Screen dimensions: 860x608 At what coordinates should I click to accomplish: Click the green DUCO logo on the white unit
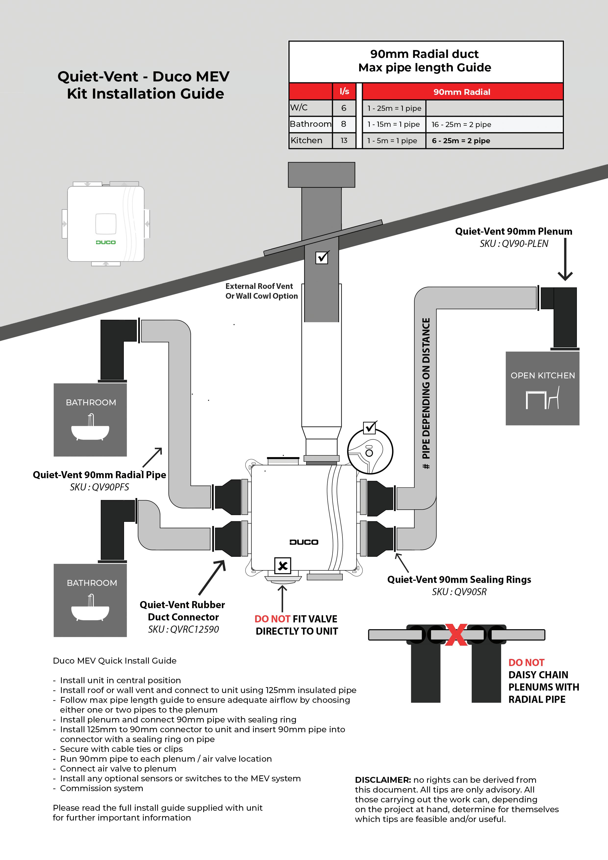pos(106,242)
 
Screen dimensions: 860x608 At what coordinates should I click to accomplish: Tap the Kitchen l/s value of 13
pos(344,141)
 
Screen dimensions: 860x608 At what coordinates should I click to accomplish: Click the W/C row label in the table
pos(299,108)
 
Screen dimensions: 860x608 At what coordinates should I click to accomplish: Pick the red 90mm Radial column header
pos(462,92)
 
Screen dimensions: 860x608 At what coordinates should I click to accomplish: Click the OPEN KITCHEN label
pos(543,375)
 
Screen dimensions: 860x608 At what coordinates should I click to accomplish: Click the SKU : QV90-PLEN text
pos(514,244)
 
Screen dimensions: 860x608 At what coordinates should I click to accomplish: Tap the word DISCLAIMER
pos(383,780)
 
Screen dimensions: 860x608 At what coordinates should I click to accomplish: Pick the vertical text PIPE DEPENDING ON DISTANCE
pos(426,393)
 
